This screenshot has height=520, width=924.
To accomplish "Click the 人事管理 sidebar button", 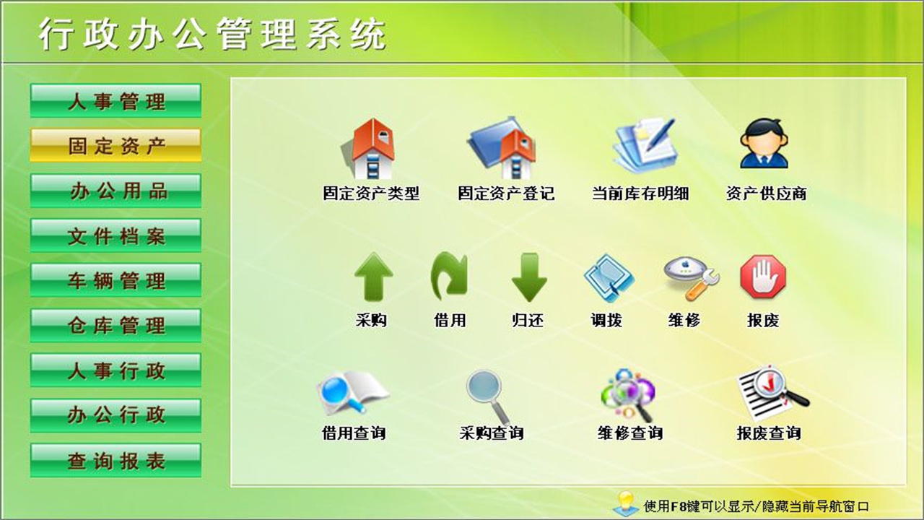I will (x=115, y=101).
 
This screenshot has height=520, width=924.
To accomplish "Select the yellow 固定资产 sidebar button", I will (x=115, y=146).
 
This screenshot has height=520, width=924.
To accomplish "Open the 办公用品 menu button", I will (x=115, y=191).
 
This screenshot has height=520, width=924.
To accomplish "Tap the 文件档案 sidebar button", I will (x=115, y=235).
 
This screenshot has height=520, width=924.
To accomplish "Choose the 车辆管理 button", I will (x=115, y=280).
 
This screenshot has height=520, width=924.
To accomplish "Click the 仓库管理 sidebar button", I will (x=115, y=325).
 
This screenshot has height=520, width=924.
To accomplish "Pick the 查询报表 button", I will (x=115, y=460).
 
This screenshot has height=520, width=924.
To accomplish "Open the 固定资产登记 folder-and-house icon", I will (x=504, y=149).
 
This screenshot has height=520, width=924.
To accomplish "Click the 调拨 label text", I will (x=606, y=320).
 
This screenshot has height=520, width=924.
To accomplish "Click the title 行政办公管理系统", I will (x=213, y=34).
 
